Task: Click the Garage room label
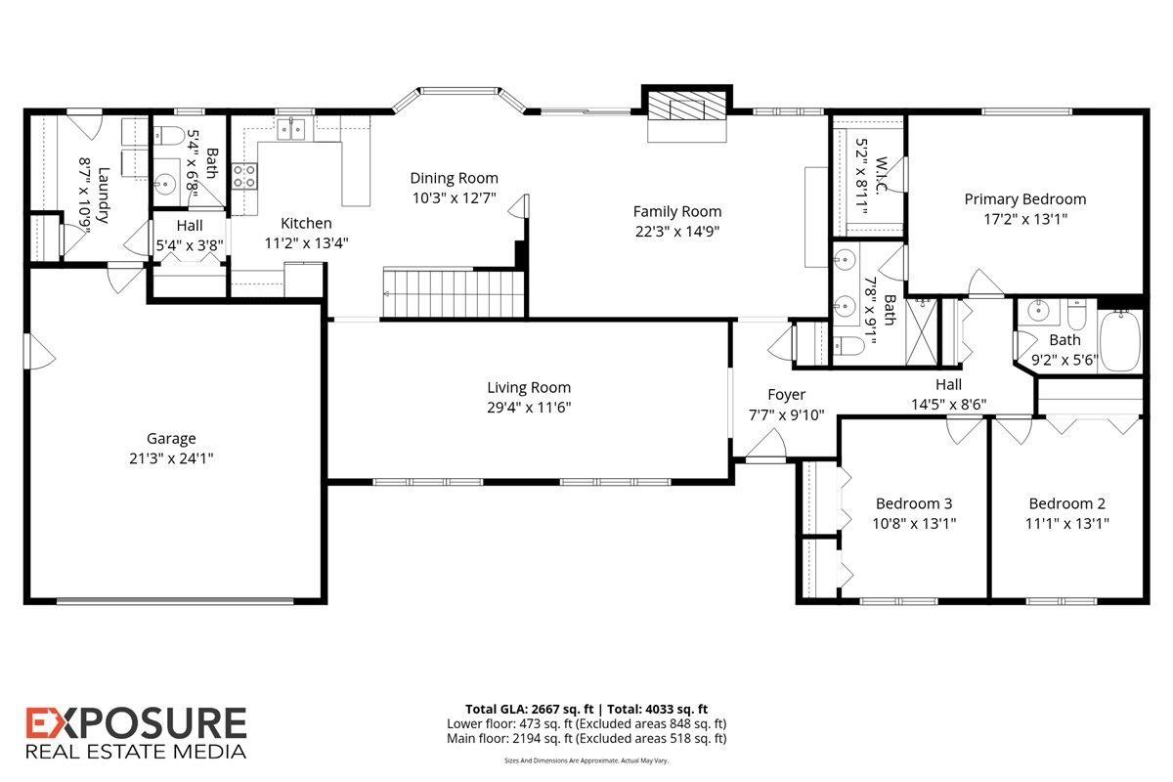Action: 171,439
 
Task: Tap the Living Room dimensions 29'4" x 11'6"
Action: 529,407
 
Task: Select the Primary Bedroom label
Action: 1024,199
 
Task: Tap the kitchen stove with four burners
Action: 244,176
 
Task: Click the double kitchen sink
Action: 290,130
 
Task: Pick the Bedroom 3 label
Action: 913,503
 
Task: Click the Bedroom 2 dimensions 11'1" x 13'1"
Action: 1066,523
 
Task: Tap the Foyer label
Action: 786,395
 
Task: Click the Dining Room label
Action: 454,178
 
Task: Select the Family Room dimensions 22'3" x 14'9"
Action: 676,231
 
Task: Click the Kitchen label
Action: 306,224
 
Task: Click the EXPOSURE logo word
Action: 136,724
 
